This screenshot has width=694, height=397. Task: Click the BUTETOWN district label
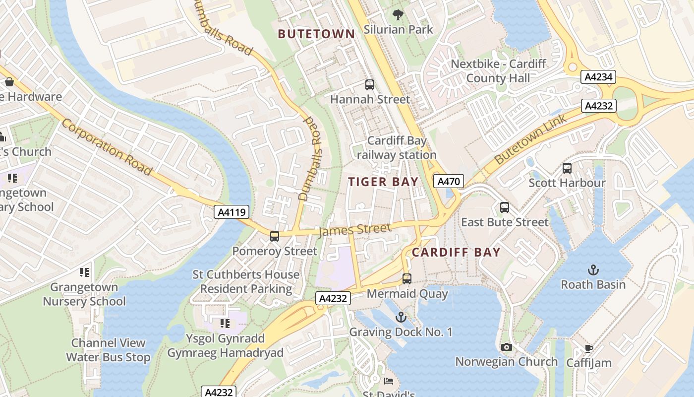(316, 34)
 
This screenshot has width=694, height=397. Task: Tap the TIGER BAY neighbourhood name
(383, 182)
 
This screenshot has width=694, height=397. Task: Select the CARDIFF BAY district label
(456, 252)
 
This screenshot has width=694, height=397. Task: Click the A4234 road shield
(598, 77)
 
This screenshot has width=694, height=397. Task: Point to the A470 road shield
(449, 181)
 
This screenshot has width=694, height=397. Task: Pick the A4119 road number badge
(231, 212)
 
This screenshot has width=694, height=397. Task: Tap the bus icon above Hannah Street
(369, 85)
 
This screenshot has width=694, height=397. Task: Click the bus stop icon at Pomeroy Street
(274, 236)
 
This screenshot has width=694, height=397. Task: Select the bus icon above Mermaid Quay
(407, 279)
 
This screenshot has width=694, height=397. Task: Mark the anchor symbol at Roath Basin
(593, 270)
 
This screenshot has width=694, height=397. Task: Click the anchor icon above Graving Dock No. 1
(401, 317)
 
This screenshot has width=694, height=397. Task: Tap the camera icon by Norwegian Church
(506, 347)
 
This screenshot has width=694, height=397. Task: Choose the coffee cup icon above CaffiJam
(588, 348)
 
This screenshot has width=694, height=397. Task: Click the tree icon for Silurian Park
(398, 14)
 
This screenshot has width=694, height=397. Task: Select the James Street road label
(354, 229)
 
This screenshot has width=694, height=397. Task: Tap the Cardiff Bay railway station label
(397, 147)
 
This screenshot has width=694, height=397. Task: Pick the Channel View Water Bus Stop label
(108, 350)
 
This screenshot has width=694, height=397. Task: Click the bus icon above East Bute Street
(505, 207)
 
